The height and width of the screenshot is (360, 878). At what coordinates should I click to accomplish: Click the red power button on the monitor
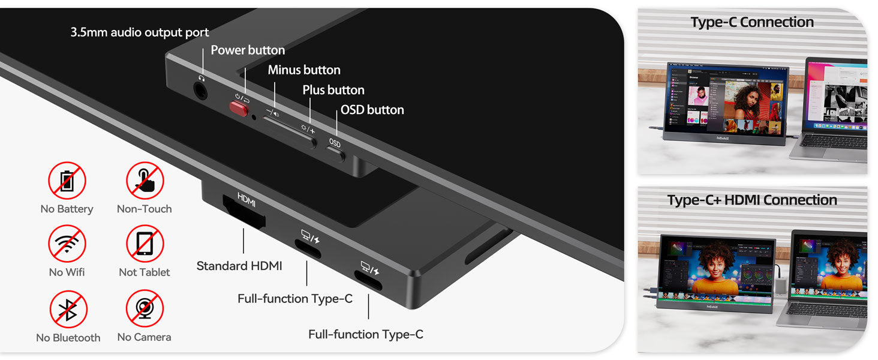(239, 108)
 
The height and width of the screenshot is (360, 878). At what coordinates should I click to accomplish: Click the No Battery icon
(67, 181)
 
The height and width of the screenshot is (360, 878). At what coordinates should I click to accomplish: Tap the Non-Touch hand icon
(145, 181)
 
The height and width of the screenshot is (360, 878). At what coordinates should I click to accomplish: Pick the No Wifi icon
(67, 244)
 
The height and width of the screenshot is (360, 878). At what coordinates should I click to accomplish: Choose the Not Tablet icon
(145, 244)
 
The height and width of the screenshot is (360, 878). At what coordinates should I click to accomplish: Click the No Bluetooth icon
(68, 309)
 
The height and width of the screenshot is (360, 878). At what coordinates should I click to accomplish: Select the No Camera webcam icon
(145, 308)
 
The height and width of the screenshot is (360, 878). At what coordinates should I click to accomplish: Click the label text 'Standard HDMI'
(239, 266)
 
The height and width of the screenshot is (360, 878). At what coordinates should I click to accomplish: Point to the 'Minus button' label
(304, 70)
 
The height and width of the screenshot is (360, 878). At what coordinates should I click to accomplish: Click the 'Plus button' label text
(333, 90)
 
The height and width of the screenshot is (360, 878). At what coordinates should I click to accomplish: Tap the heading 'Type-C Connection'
(752, 22)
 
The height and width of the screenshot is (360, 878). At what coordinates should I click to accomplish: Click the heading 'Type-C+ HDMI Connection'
(752, 200)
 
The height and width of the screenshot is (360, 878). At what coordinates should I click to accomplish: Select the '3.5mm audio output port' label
(140, 32)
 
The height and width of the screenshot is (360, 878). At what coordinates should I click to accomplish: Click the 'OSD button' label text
(372, 110)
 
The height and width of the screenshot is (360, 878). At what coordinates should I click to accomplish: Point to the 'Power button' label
(248, 50)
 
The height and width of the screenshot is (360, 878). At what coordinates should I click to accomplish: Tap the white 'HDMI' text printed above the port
(246, 197)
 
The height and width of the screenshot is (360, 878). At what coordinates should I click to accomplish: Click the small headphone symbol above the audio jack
(202, 77)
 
